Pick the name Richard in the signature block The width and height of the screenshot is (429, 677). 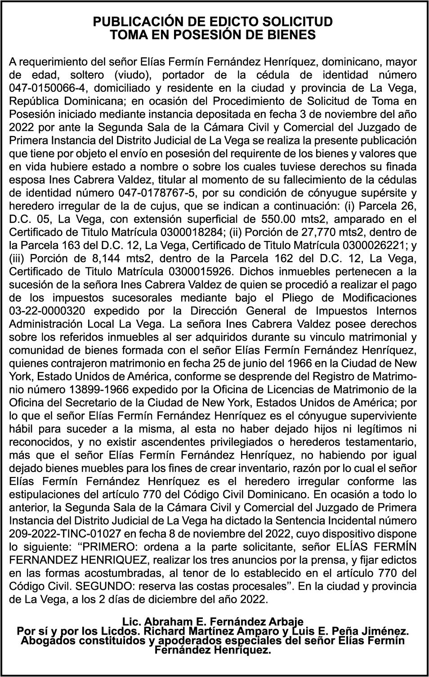(x=161, y=631)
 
